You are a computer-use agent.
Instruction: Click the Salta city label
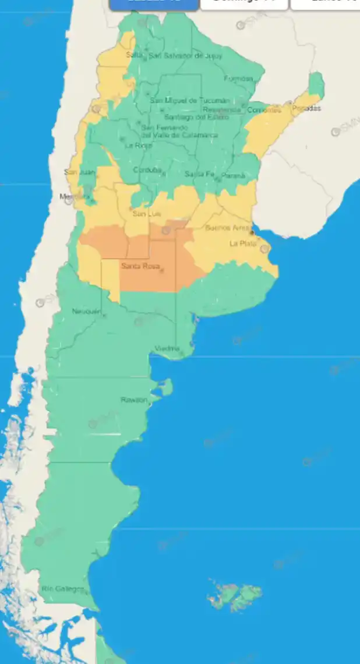(x=134, y=55)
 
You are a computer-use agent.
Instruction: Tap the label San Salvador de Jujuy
(x=178, y=56)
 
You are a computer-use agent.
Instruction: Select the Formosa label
(x=239, y=79)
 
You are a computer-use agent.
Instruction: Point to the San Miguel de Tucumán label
(x=182, y=100)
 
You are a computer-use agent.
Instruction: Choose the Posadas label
(x=306, y=108)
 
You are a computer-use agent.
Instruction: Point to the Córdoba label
(x=146, y=170)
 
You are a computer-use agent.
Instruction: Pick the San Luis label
(x=146, y=214)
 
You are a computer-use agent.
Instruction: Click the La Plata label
(x=243, y=243)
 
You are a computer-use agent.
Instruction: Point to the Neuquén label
(x=86, y=311)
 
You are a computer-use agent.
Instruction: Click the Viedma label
(x=167, y=348)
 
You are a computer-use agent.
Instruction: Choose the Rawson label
(x=134, y=400)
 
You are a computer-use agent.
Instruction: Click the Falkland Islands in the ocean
(x=235, y=595)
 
